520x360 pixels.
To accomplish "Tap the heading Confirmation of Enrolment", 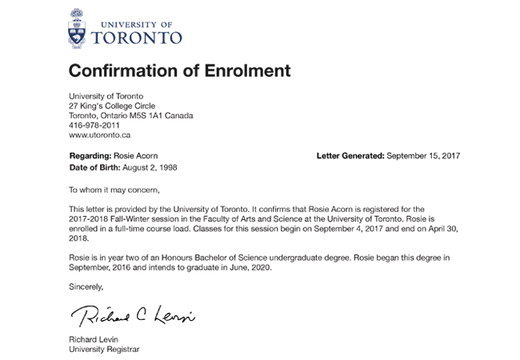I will tap(179, 70).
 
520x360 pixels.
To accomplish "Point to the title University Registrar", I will tap(104, 350).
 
